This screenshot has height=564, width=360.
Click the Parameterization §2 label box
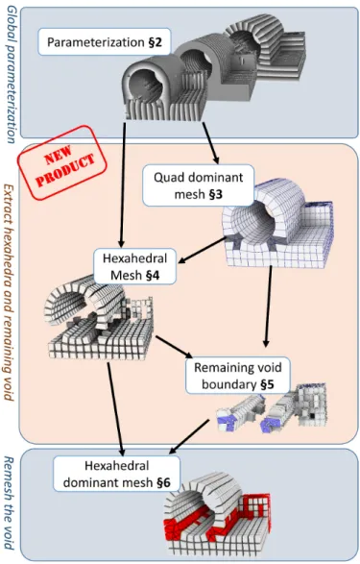[x=105, y=42]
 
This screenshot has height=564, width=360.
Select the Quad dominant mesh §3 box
[x=199, y=185]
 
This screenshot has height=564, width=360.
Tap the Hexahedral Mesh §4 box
[x=134, y=266]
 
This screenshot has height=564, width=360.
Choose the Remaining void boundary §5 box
[x=238, y=376]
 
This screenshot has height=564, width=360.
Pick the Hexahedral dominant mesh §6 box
[x=117, y=474]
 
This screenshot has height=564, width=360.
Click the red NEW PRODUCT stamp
[x=62, y=162]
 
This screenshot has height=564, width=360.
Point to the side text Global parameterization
[x=11, y=74]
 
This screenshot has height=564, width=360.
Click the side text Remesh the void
[x=9, y=503]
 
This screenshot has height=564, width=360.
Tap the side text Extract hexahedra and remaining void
[x=9, y=292]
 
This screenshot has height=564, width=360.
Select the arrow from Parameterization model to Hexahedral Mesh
[x=123, y=184]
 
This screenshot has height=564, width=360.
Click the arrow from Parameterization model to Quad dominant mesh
[x=210, y=143]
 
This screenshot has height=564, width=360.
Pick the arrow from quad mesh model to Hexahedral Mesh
[x=203, y=250]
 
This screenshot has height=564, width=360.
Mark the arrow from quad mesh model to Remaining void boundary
[x=268, y=307]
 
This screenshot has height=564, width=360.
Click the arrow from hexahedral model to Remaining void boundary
[x=175, y=347]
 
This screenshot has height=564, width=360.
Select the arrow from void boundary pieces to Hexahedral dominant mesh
[x=189, y=436]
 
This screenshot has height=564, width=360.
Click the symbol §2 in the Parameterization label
[x=156, y=42]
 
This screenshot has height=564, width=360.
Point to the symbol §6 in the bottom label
[x=164, y=482]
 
